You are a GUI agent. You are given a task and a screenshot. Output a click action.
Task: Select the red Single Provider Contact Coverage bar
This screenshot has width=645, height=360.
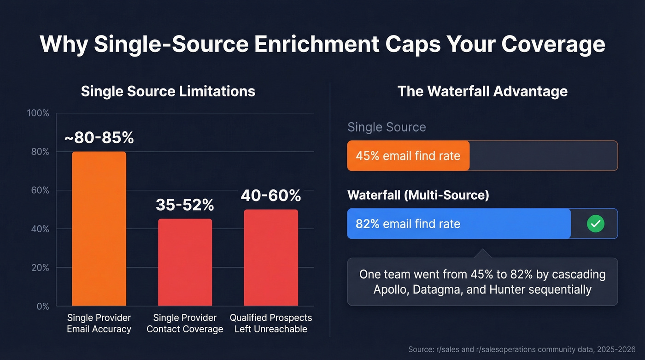pos(185,262)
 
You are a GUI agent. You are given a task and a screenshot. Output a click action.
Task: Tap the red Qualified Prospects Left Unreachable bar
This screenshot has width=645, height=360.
pos(270,258)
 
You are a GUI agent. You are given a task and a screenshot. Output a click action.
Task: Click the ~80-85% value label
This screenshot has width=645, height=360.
pos(99,137)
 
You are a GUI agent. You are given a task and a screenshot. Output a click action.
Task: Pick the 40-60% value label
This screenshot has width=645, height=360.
pos(270,195)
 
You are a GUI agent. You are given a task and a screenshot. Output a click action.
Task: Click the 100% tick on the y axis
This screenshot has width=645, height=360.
pos(38,113)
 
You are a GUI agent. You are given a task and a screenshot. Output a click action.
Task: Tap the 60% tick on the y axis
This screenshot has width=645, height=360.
pos(40,190)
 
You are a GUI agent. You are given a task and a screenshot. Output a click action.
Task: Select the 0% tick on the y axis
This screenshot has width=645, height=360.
pos(42,307)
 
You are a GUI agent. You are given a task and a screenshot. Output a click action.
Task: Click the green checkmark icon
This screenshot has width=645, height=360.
pos(595,224)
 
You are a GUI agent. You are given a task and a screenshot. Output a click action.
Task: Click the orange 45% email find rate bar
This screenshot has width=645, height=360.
pos(408,156)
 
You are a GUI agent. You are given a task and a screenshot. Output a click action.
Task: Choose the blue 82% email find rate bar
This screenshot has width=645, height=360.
pos(458,224)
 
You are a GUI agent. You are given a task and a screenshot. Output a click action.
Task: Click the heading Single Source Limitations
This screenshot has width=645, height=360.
pos(168,91)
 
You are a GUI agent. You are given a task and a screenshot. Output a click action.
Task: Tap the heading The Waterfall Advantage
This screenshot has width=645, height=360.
pos(482,91)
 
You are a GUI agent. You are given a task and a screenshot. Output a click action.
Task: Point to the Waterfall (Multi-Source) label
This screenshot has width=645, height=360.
pos(418,195)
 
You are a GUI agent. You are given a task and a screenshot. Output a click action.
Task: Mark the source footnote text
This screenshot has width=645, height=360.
pos(522,350)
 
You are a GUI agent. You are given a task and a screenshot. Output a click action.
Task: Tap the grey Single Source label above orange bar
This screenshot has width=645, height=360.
pos(387,127)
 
